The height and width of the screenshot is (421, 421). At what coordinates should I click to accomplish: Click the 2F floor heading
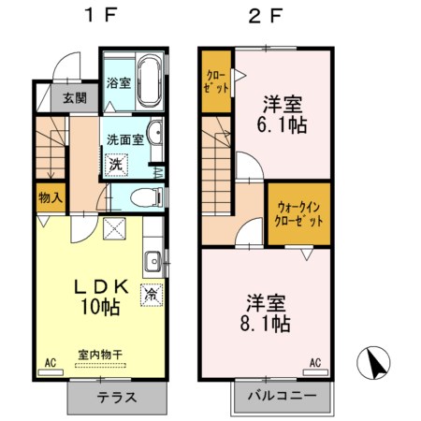pyautogui.click(x=266, y=16)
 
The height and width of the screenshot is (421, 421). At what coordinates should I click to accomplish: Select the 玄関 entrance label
pyautogui.click(x=76, y=96)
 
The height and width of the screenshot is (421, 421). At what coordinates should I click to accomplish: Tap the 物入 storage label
pyautogui.click(x=51, y=197)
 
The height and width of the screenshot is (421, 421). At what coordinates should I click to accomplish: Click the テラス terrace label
pyautogui.click(x=118, y=397)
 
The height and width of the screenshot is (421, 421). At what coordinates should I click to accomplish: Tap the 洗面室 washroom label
pyautogui.click(x=123, y=139)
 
